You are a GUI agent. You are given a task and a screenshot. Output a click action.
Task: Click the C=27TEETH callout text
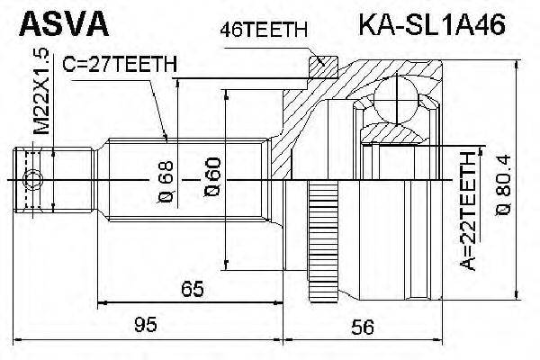pyautogui.click(x=119, y=64)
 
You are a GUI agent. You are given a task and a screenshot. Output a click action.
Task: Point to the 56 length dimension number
pyautogui.click(x=362, y=329)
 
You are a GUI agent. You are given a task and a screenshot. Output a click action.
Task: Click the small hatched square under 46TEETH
pyautogui.click(x=318, y=64)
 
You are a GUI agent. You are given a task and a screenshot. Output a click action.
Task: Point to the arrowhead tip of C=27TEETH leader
pyautogui.click(x=167, y=139)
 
